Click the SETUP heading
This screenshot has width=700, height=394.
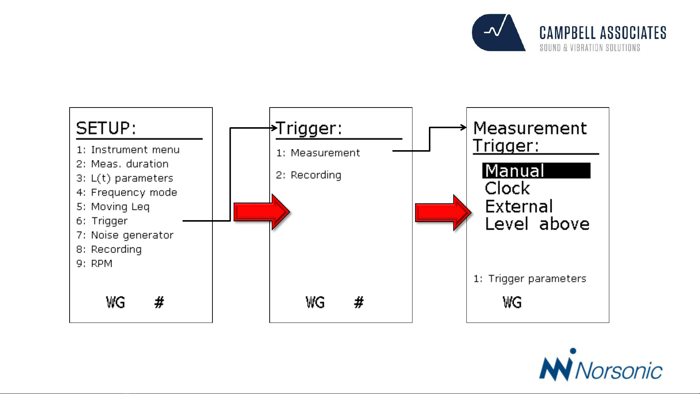click(106, 128)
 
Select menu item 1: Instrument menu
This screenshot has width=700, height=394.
click(128, 150)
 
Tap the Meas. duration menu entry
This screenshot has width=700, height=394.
click(122, 164)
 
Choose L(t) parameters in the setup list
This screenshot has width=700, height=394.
click(125, 178)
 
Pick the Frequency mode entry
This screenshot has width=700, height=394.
click(127, 192)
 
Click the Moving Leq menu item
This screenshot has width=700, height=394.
click(113, 207)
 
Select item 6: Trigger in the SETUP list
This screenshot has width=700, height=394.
click(102, 221)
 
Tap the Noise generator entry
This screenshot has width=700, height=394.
click(125, 235)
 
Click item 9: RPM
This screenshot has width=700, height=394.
click(94, 264)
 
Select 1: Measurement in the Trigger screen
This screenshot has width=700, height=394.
click(318, 153)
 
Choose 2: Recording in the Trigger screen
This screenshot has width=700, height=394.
click(309, 175)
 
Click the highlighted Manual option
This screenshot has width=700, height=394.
click(536, 171)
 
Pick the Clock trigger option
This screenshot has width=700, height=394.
click(507, 188)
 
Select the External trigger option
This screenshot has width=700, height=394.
click(519, 206)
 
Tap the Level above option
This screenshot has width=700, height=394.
click(537, 224)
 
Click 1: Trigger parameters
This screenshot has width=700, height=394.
click(530, 279)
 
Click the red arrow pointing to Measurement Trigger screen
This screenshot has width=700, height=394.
click(443, 212)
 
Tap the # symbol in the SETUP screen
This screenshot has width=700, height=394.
click(159, 302)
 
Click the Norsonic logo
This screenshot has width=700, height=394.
click(601, 365)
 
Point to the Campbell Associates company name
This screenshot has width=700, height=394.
click(603, 33)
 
